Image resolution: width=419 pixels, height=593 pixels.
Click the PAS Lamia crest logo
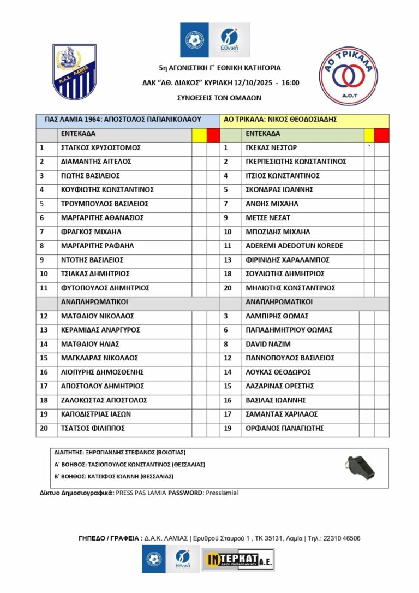pyautogui.click(x=74, y=71)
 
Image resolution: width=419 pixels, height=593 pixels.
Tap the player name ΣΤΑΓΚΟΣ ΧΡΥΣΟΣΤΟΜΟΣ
pyautogui.click(x=101, y=147)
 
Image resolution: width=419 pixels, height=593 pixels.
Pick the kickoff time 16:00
pyautogui.click(x=291, y=82)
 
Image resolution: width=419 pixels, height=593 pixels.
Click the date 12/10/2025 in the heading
pyautogui.click(x=256, y=82)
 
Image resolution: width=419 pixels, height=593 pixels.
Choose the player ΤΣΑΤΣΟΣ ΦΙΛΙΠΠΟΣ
pyautogui.click(x=93, y=428)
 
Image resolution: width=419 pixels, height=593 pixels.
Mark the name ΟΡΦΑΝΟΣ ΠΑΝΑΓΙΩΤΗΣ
pyautogui.click(x=285, y=428)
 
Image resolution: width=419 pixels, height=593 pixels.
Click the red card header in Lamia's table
pyautogui.click(x=213, y=134)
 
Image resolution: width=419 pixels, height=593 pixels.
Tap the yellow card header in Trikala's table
pyautogui.click(x=369, y=134)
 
